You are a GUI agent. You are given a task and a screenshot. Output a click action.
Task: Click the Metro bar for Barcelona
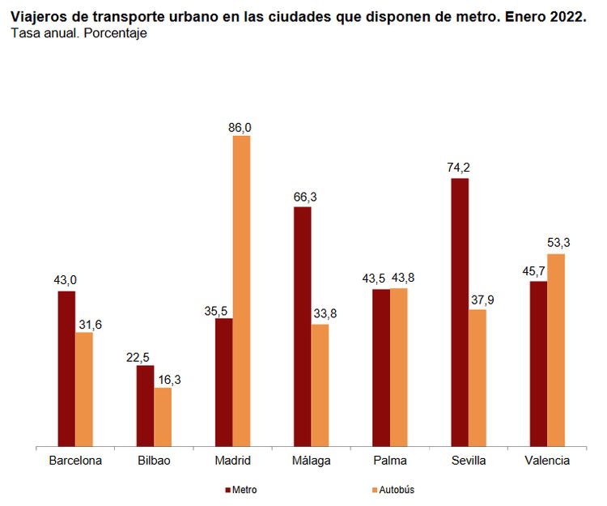coord(66,368)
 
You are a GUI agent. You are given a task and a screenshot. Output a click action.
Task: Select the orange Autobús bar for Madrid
coord(241,291)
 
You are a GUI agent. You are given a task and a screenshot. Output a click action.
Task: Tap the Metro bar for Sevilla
coord(460,312)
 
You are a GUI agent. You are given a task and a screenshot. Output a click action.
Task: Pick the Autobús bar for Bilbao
coord(163,416)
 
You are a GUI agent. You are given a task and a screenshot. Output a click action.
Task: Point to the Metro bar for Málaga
coord(303,326)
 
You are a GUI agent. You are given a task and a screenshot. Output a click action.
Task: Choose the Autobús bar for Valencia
coord(556,350)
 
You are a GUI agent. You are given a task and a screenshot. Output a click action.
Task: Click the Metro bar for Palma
coord(381,367)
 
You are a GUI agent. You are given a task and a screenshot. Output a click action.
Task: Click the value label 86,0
coord(241,127)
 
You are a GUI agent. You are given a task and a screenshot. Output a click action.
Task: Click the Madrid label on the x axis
coord(232,461)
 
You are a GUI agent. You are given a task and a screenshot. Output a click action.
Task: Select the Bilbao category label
coord(154,461)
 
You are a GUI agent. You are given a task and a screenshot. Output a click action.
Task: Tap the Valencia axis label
coord(547,461)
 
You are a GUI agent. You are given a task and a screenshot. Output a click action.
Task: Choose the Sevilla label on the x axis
coord(468,461)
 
